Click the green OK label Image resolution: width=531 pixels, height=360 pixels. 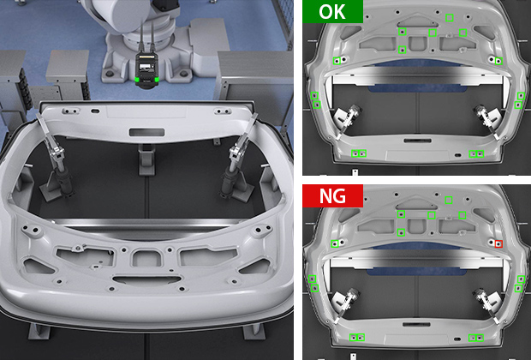pos(332,11)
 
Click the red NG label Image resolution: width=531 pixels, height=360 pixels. pos(332,196)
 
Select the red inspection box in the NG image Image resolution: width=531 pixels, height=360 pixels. pos(498,243)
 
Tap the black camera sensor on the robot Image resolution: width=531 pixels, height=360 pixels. pos(147,70)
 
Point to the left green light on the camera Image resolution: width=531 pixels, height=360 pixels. pos(137,80)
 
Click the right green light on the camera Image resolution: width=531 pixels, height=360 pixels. pos(157,80)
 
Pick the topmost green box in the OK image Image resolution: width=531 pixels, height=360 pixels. pos(450,18)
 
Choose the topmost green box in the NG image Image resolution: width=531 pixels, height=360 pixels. pos(449,200)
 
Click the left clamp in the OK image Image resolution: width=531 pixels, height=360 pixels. pos(347,121)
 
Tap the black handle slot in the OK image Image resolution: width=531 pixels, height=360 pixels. pos(418,141)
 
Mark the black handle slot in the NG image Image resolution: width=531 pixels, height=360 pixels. pos(416,324)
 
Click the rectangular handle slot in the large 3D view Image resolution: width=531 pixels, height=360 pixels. pos(146,132)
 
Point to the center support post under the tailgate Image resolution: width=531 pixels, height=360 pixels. pos(146,159)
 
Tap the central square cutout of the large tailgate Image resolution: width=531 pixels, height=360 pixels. pos(146,258)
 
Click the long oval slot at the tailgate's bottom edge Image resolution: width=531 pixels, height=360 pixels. pos(147,280)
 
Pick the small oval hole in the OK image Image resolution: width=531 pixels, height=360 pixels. pos(457,155)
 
